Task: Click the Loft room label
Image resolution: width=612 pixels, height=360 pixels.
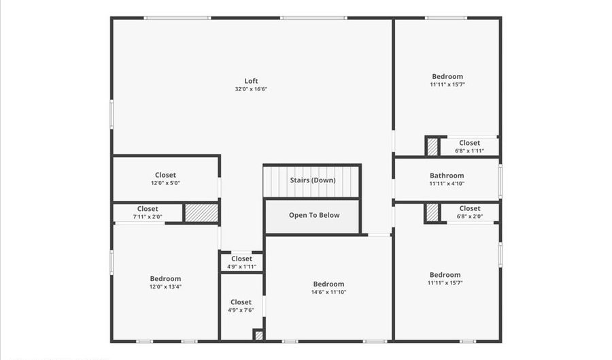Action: (251, 81)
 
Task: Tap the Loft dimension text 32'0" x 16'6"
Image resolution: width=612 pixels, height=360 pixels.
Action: (251, 89)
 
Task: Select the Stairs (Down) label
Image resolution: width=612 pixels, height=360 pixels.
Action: (312, 180)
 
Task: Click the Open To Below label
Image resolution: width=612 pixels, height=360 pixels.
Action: (313, 215)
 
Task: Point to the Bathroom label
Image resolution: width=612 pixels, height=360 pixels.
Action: (447, 176)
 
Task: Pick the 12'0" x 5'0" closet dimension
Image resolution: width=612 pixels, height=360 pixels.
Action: (165, 183)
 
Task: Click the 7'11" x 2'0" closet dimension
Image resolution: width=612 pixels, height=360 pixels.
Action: (148, 217)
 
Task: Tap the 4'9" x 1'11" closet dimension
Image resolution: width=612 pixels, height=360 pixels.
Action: (241, 267)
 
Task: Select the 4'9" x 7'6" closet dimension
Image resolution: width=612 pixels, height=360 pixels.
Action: (241, 310)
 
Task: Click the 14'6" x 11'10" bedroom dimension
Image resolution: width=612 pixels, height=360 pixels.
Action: (328, 292)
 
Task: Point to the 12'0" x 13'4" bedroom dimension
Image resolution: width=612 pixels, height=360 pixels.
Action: (165, 287)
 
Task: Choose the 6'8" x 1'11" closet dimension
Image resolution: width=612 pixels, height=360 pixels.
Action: (469, 151)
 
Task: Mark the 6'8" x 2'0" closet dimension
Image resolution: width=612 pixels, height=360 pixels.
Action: (469, 216)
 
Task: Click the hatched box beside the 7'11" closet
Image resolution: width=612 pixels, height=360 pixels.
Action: (201, 213)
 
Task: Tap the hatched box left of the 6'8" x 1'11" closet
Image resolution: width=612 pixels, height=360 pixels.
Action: (432, 146)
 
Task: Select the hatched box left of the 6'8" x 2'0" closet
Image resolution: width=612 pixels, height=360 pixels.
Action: (432, 212)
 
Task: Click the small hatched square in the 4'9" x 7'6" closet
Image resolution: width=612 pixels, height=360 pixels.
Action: (258, 335)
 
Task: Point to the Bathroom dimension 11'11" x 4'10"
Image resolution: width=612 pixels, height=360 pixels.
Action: (447, 184)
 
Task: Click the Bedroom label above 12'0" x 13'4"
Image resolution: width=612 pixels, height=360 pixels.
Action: (165, 278)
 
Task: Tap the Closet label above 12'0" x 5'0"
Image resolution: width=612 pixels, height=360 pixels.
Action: (165, 175)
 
